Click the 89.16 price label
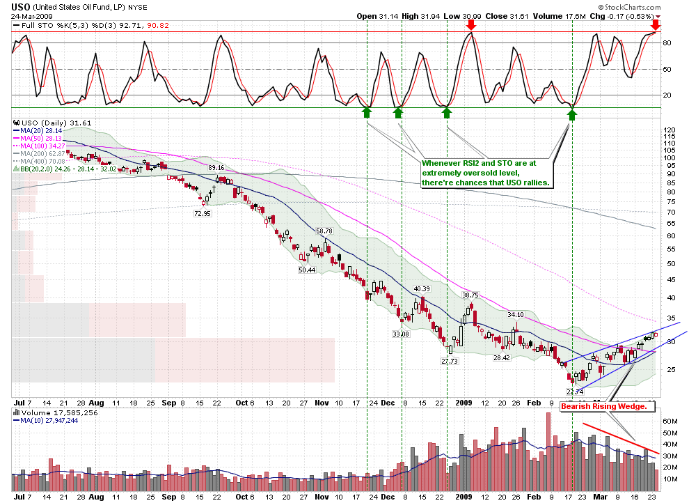[x=216, y=168]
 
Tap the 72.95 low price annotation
[x=203, y=214]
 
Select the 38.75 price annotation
[x=471, y=295]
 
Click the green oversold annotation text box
[x=486, y=172]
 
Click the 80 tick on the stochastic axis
[x=667, y=42]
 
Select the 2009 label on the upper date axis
[x=464, y=403]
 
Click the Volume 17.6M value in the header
[x=556, y=15]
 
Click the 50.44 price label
[x=306, y=270]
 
